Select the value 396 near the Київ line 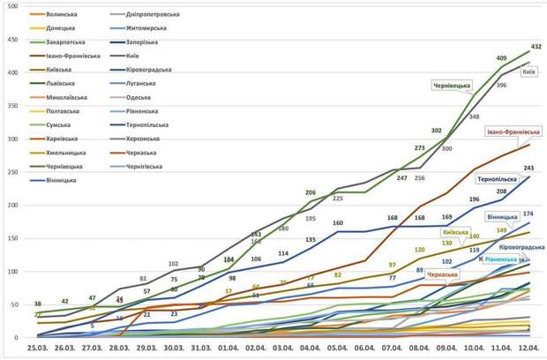click(x=500, y=85)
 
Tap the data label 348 click(x=475, y=116)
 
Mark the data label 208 click(x=501, y=191)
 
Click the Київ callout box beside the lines click(x=528, y=72)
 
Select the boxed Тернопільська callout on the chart click(x=498, y=177)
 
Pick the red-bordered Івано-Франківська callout click(x=513, y=131)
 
